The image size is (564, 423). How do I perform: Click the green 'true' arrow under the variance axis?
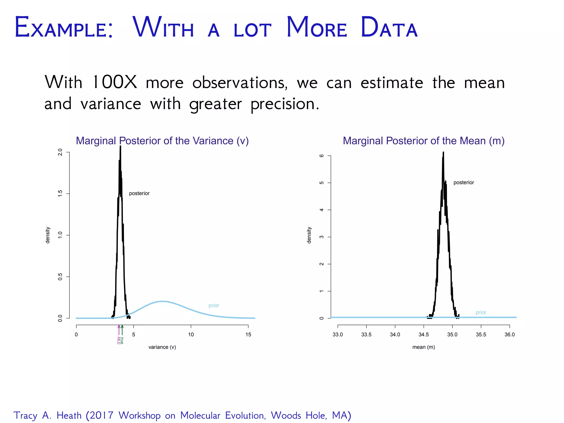[122, 330]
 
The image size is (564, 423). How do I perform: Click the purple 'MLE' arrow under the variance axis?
[119, 330]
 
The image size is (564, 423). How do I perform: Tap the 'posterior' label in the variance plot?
[139, 193]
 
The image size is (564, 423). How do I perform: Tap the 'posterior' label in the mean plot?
[463, 183]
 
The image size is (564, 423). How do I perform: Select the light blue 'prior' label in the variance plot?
[214, 305]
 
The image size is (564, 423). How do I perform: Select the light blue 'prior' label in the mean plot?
[481, 313]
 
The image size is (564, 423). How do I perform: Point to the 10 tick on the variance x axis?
[191, 335]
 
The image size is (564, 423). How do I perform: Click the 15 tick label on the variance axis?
[248, 335]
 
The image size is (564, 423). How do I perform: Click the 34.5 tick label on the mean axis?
[424, 335]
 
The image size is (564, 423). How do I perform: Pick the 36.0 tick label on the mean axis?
[509, 335]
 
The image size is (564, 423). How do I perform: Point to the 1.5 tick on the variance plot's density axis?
[60, 194]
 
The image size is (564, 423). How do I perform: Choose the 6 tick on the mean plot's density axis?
[321, 156]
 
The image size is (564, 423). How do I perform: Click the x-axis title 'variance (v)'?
[162, 347]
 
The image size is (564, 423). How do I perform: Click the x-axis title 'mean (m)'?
[424, 347]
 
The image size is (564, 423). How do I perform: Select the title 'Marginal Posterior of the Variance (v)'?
[162, 141]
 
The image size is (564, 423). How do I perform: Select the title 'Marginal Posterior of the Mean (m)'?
[424, 141]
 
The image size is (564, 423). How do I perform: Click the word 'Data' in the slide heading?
[389, 28]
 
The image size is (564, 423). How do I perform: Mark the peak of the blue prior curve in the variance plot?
[162, 301]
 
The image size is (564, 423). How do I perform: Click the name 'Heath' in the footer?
[69, 415]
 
